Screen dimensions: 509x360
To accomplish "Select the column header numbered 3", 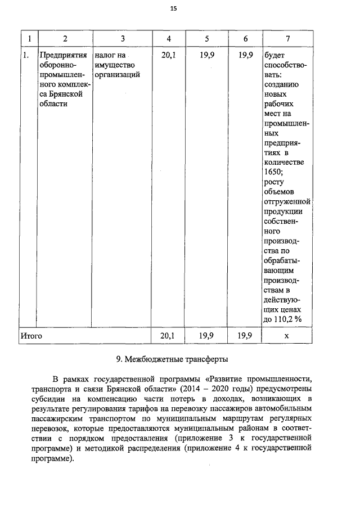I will pyautogui.click(x=123, y=39).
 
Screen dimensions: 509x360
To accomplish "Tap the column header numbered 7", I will pyautogui.click(x=287, y=39).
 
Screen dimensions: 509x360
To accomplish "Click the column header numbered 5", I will pyautogui.click(x=207, y=39).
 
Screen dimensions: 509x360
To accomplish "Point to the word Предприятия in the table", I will pyautogui.click(x=62, y=55).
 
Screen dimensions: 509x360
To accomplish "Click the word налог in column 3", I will pyautogui.click(x=106, y=55).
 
